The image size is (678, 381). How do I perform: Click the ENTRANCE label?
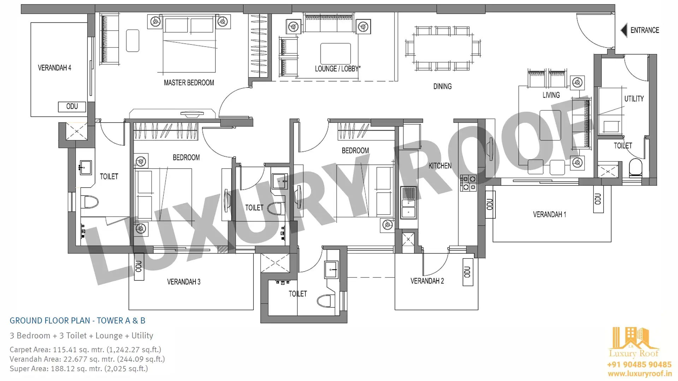click(645, 30)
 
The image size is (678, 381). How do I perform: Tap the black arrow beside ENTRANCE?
click(624, 30)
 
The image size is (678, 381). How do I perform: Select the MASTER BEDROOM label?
click(189, 83)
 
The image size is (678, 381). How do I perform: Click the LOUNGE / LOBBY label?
click(338, 69)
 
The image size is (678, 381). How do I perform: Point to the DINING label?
click(442, 86)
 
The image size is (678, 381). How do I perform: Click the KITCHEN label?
click(440, 166)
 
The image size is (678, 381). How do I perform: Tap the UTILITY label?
click(634, 99)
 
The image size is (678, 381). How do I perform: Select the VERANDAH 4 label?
click(54, 68)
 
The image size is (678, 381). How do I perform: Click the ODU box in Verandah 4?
click(72, 107)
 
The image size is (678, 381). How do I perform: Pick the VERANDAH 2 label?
click(427, 281)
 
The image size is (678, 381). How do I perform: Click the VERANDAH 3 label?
click(184, 282)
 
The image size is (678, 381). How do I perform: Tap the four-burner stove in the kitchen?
click(469, 183)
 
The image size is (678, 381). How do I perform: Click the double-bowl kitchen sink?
click(409, 203)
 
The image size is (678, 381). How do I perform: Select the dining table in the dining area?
click(443, 49)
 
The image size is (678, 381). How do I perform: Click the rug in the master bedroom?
click(132, 41)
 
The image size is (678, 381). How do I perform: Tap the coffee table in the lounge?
click(335, 54)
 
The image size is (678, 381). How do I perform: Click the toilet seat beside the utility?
click(636, 168)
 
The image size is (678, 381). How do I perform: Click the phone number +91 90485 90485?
click(639, 364)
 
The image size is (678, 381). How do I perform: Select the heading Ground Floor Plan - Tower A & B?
click(77, 321)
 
